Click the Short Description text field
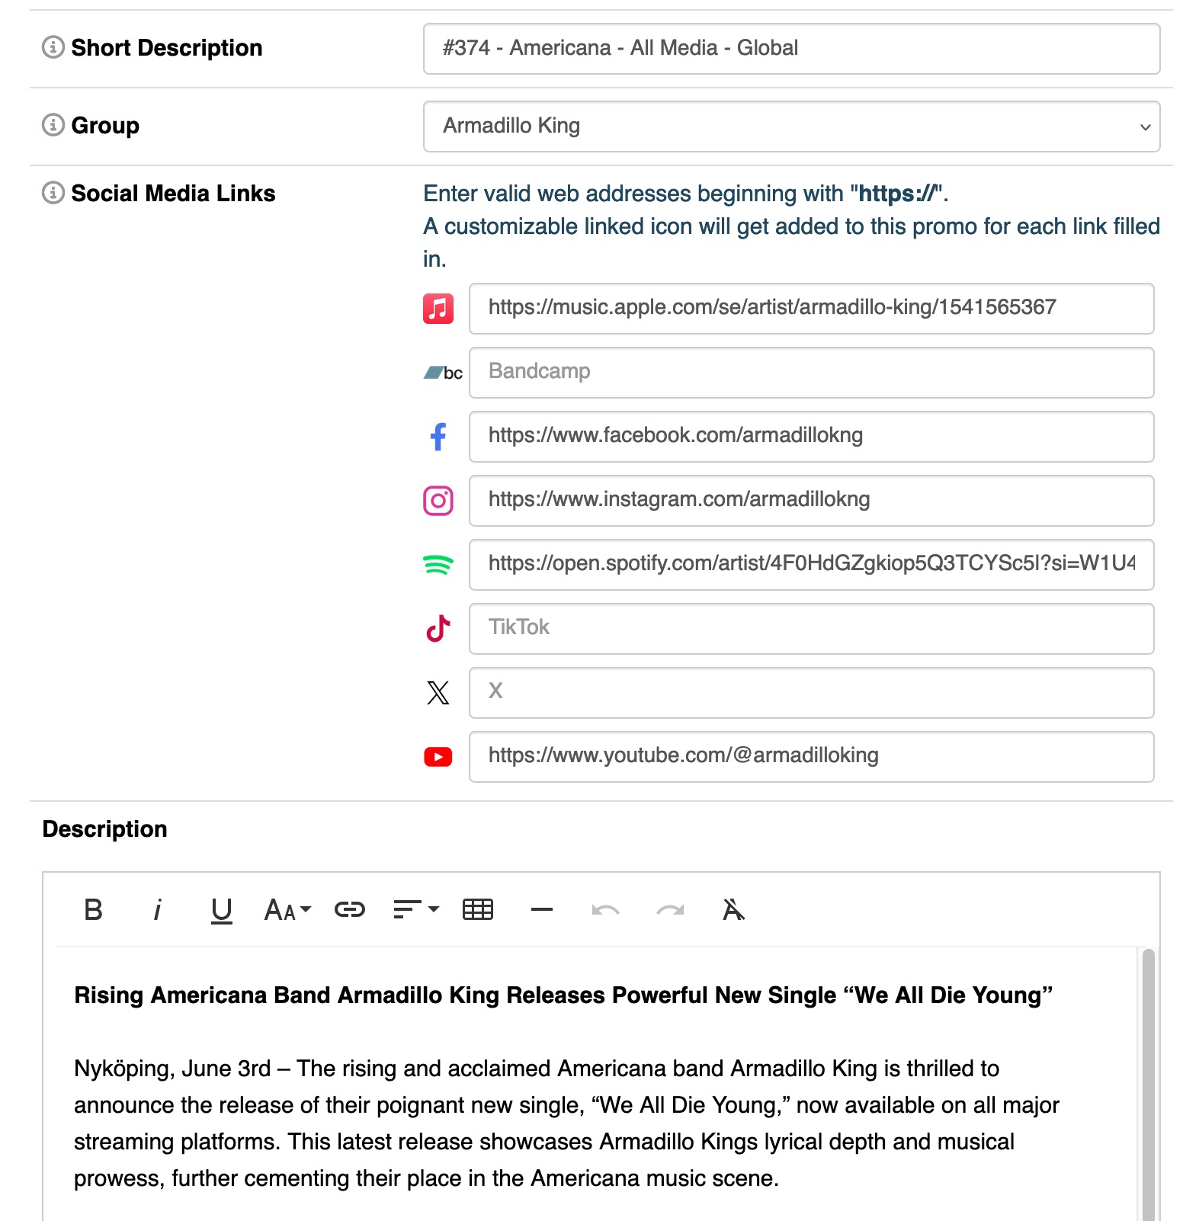[791, 49]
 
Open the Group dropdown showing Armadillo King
[791, 127]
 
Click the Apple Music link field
[811, 309]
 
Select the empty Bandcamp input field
[811, 373]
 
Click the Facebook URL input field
[811, 437]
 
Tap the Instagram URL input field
[811, 501]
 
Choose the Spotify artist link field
[811, 565]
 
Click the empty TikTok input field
[811, 629]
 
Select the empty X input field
[811, 693]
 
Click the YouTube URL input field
[811, 757]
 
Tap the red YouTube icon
[438, 757]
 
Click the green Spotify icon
[438, 565]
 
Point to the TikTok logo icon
[438, 629]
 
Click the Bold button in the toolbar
[93, 910]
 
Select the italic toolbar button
[157, 910]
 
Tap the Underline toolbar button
[221, 910]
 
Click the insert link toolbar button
[350, 910]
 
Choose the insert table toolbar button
[478, 910]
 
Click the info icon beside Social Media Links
[53, 193]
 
